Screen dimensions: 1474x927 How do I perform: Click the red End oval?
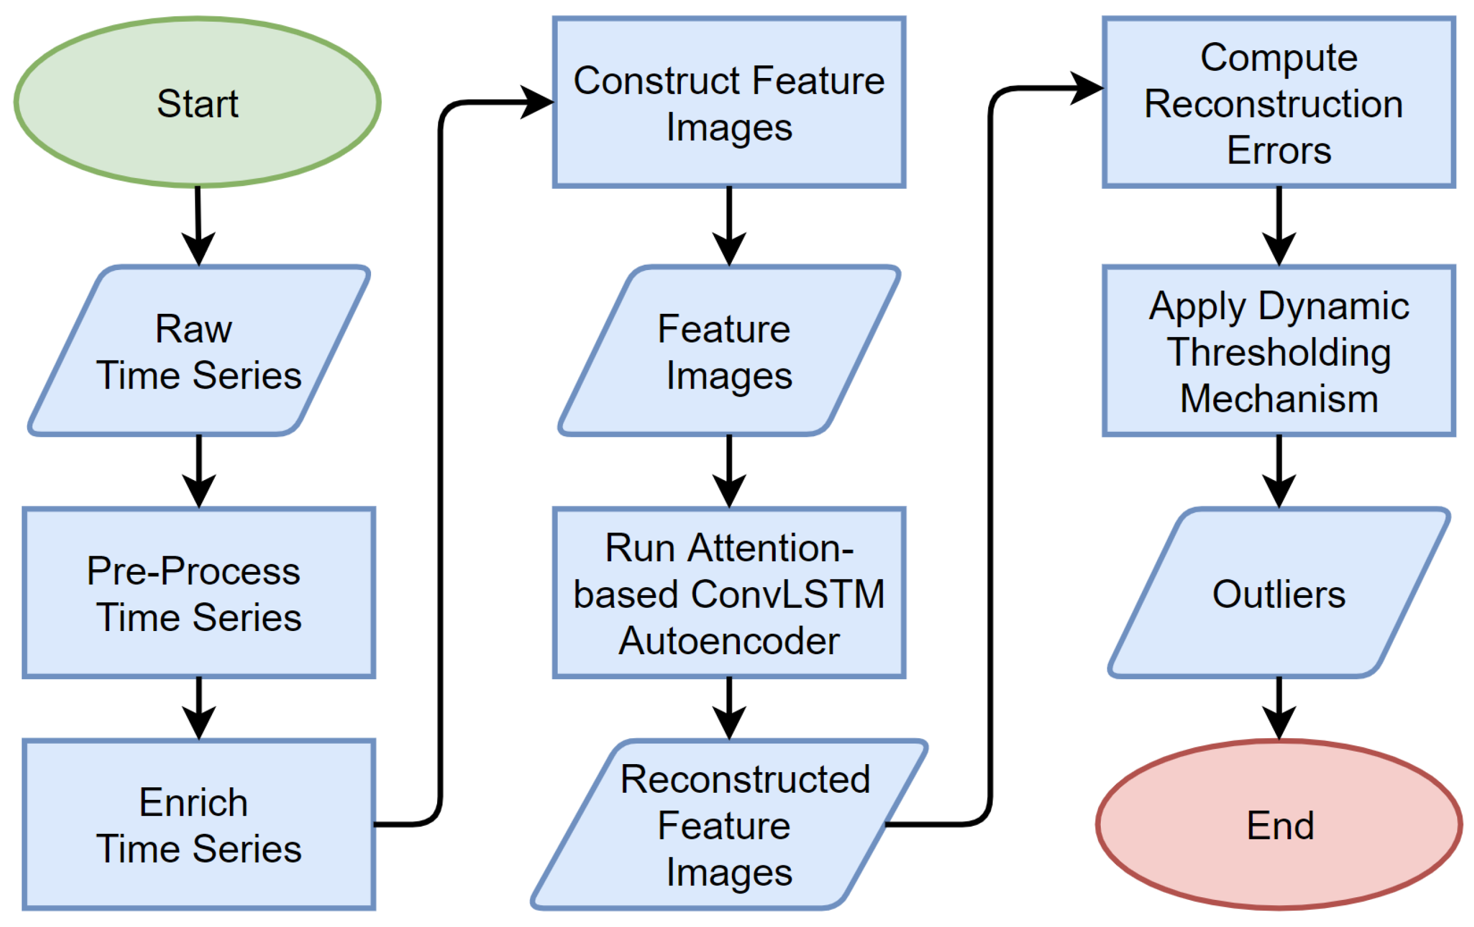1279,824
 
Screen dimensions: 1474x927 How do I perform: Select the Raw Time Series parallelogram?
199,351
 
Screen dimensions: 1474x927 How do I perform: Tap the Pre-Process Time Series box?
199,593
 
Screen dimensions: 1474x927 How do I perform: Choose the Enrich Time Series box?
199,824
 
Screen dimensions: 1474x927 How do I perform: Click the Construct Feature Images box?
729,102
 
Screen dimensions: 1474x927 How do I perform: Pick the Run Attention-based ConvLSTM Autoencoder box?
729,593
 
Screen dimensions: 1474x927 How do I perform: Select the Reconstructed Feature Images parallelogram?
729,824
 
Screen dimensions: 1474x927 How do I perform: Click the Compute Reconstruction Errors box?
1279,102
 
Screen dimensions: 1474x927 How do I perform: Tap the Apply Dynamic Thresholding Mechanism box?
1279,351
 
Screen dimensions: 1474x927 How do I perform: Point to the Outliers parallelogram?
1279,593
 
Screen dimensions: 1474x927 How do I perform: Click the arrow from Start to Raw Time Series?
199,227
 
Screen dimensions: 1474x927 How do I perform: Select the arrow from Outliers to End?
1279,709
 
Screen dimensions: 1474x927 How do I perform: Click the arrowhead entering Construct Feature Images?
538,102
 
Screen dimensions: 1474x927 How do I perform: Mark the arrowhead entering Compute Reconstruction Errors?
1087,88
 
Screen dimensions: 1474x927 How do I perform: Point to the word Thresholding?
1279,353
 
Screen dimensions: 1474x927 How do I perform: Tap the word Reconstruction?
1274,103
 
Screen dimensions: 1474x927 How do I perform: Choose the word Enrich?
194,802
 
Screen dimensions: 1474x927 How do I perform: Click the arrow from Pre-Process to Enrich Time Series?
199,709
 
